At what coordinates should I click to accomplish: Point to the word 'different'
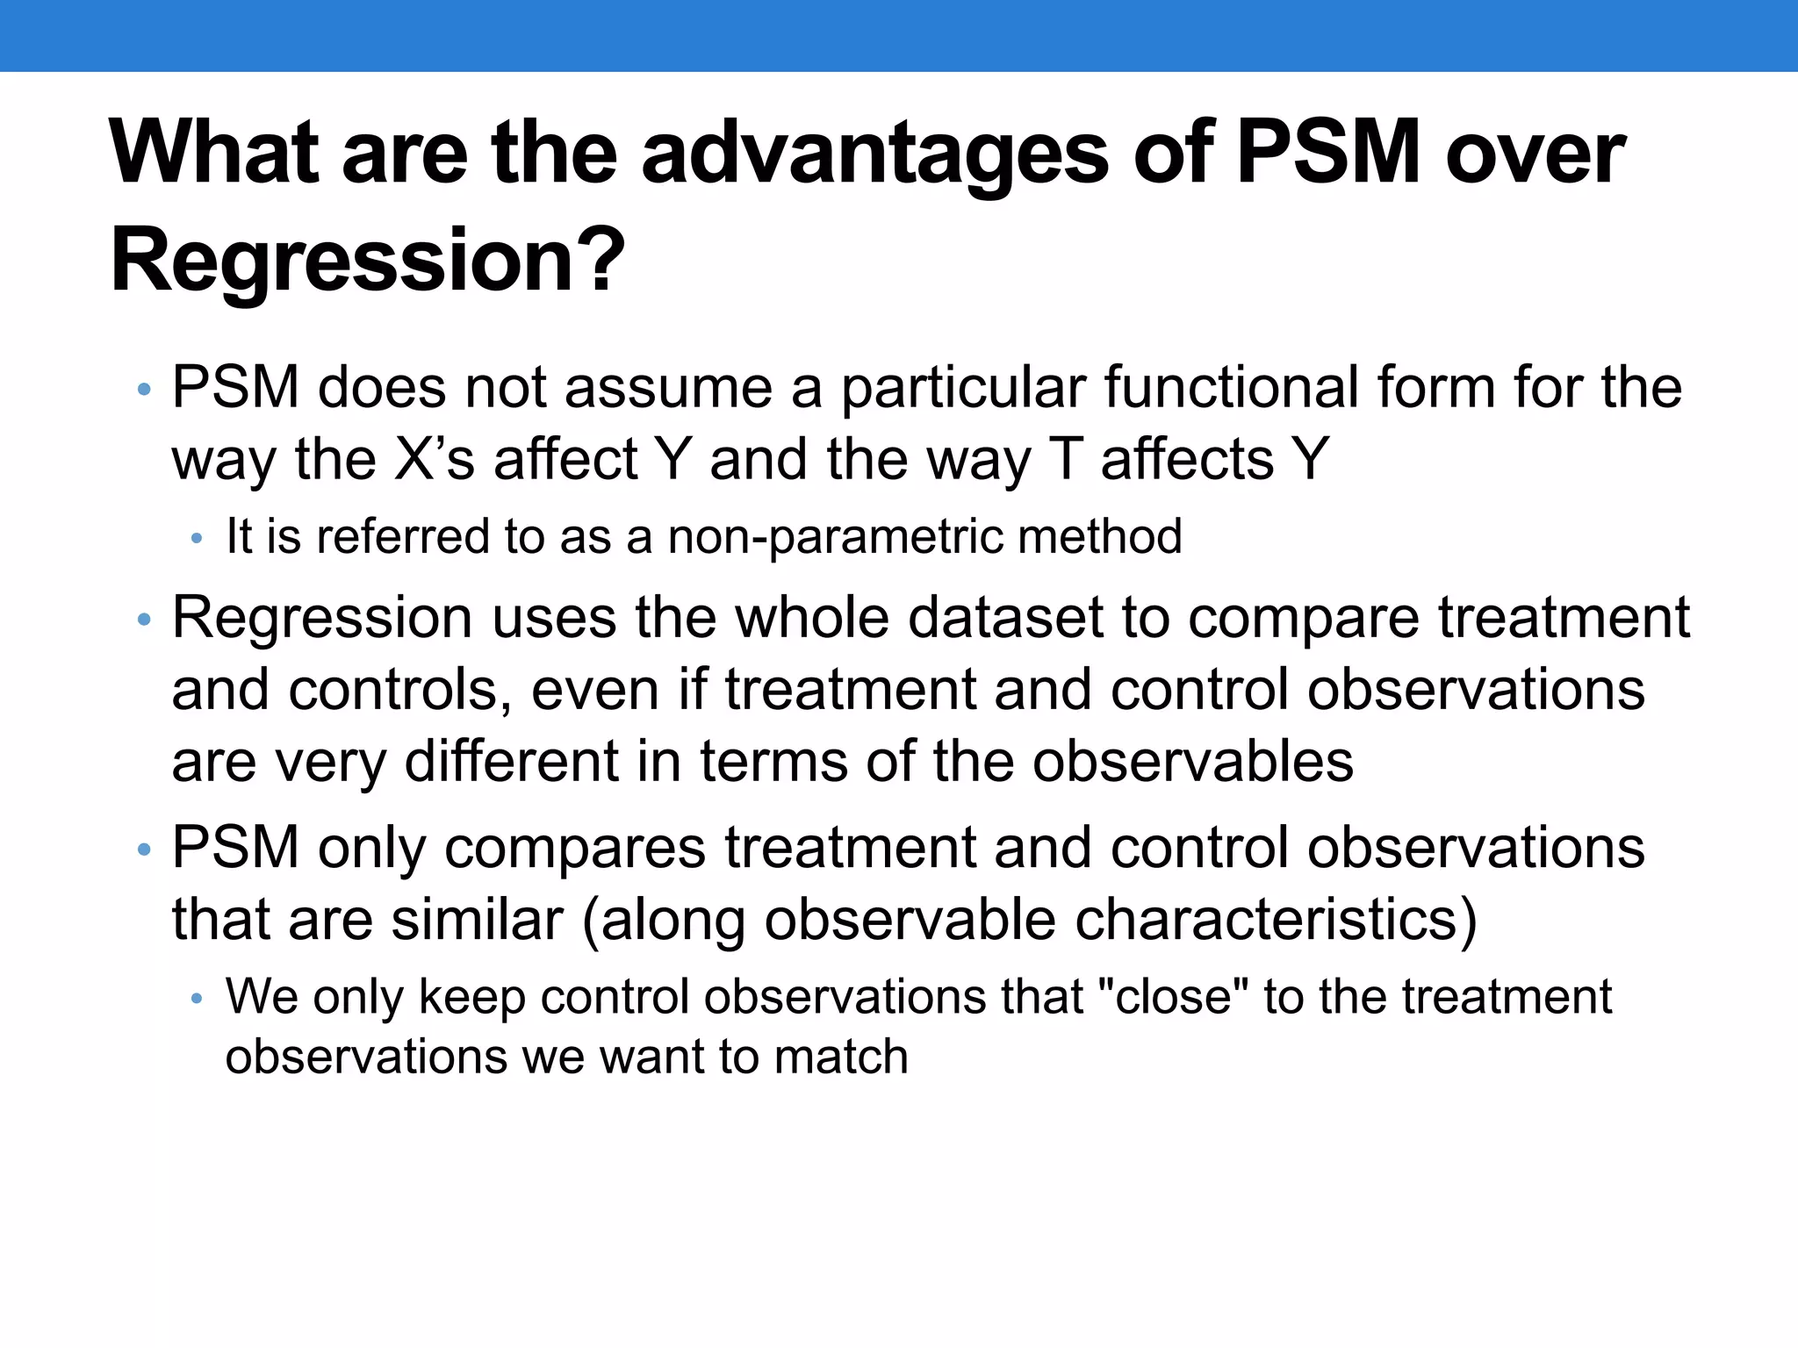(512, 761)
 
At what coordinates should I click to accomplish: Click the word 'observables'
(1192, 761)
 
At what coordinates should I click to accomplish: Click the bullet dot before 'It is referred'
(197, 538)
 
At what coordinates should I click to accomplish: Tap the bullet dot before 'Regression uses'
(145, 620)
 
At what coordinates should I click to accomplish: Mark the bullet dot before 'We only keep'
(197, 999)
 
